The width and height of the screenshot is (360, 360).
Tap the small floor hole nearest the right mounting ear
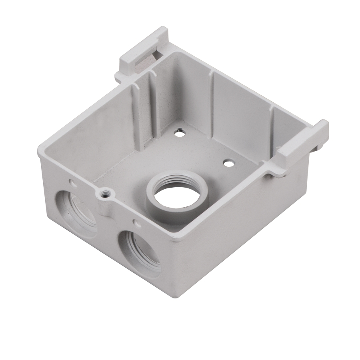click(x=228, y=163)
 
